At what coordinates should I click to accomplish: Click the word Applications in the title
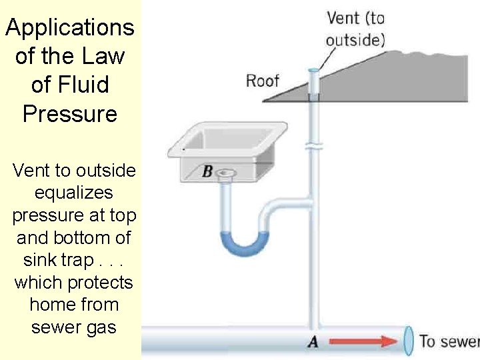[x=70, y=28]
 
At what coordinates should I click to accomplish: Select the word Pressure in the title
[x=70, y=113]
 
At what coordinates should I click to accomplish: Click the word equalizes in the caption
[x=73, y=193]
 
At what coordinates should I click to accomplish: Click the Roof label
[x=262, y=81]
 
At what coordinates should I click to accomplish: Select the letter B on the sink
[x=207, y=172]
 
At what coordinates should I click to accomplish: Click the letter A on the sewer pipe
[x=312, y=342]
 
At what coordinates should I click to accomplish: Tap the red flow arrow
[x=364, y=341]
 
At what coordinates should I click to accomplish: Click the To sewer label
[x=448, y=341]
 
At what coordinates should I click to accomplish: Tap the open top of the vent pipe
[x=313, y=70]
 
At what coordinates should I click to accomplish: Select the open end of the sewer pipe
[x=408, y=340]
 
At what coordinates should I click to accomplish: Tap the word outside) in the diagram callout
[x=355, y=40]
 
